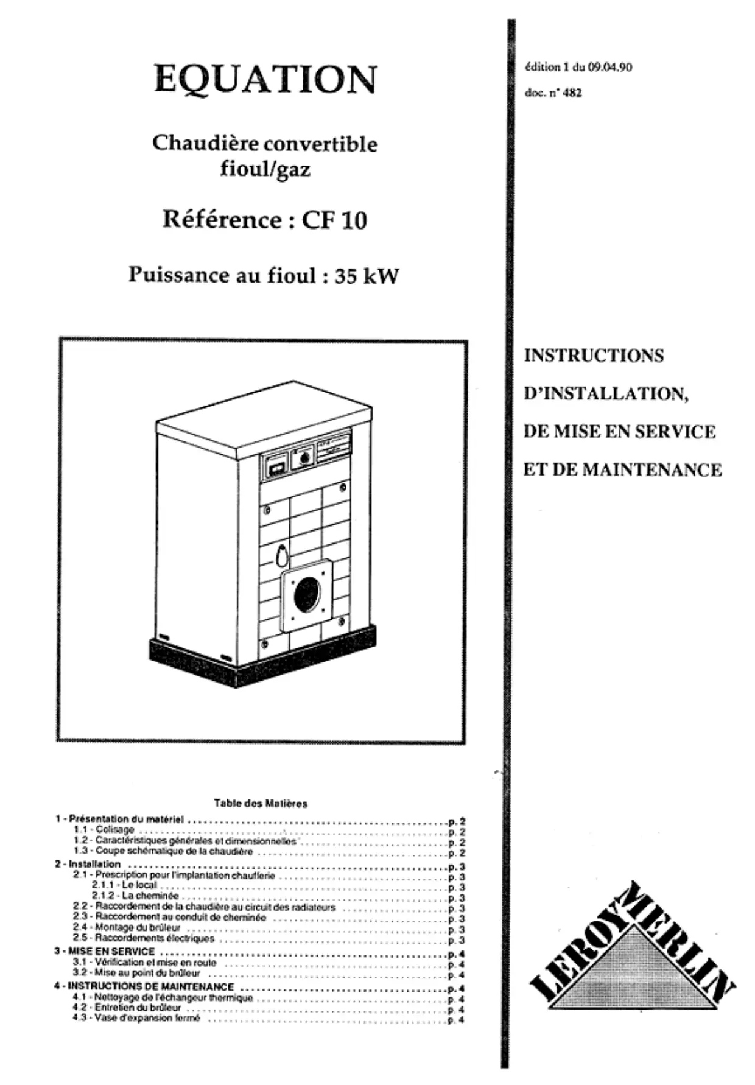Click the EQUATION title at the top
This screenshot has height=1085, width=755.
(265, 80)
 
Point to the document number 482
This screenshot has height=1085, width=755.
(572, 93)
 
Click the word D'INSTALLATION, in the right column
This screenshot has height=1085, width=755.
(606, 394)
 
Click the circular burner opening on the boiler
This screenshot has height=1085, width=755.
(307, 595)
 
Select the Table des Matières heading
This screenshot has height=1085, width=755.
(261, 804)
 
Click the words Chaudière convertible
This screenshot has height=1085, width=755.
(265, 144)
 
